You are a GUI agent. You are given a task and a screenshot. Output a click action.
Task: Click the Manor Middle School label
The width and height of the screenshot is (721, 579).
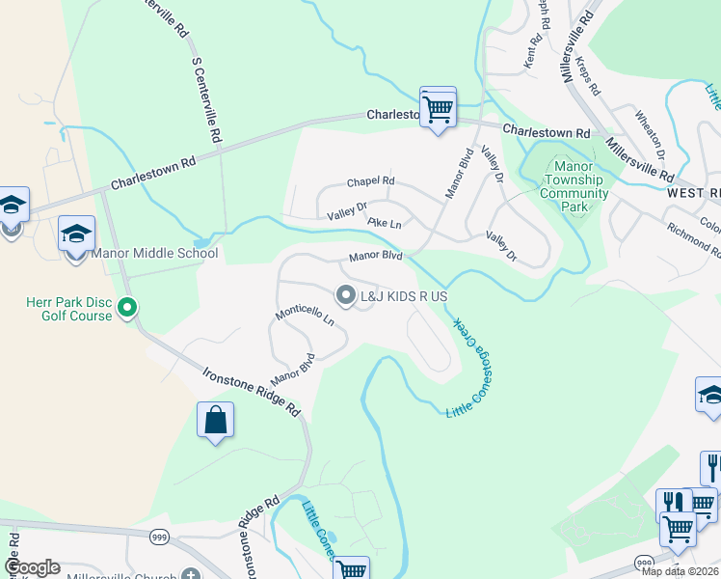[x=155, y=254]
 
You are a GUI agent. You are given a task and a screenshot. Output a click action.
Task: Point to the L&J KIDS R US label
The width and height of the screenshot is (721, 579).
[x=404, y=296]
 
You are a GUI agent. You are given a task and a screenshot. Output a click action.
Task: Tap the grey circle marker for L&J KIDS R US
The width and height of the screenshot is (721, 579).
[x=345, y=295]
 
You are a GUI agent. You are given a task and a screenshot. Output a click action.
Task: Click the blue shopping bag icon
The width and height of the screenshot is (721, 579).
[x=215, y=421]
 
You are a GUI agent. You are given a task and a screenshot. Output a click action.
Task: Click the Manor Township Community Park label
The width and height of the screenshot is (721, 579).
[x=574, y=186]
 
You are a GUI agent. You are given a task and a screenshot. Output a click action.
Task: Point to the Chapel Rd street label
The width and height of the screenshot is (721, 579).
[x=371, y=181]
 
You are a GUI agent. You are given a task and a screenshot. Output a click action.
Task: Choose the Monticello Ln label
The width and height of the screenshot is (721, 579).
[x=305, y=315]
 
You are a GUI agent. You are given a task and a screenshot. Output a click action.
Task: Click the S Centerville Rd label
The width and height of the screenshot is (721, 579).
[x=208, y=97]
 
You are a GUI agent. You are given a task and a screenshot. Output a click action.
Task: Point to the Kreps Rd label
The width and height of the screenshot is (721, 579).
[x=589, y=75]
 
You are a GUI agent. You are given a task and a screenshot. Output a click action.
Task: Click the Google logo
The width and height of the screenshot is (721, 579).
[x=32, y=567]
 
